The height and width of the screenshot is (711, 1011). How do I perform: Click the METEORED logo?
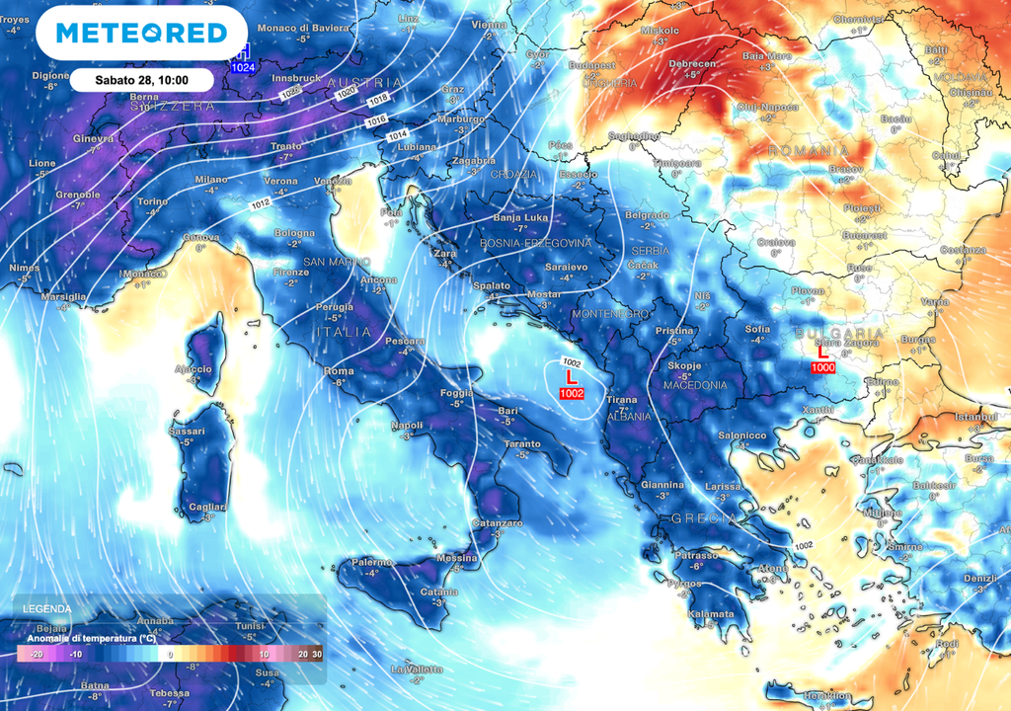tap(141, 33)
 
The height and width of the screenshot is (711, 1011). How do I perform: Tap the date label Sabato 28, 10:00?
tap(142, 79)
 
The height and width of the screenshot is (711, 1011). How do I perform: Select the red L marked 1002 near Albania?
tap(570, 377)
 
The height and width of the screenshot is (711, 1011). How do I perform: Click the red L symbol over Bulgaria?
tap(822, 352)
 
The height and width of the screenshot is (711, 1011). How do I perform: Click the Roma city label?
tap(339, 371)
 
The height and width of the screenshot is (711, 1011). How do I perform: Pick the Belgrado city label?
tap(648, 214)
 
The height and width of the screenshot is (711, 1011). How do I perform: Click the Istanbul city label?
tap(975, 418)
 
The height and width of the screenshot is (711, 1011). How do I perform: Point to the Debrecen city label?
tap(692, 63)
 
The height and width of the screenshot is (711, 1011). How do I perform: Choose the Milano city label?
tap(210, 180)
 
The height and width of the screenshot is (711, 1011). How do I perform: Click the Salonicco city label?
tap(742, 434)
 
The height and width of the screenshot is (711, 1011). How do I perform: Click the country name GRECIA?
tap(703, 517)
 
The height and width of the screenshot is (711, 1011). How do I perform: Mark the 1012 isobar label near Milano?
tap(261, 203)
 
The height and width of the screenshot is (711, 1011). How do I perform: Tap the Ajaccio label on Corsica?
tap(194, 368)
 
